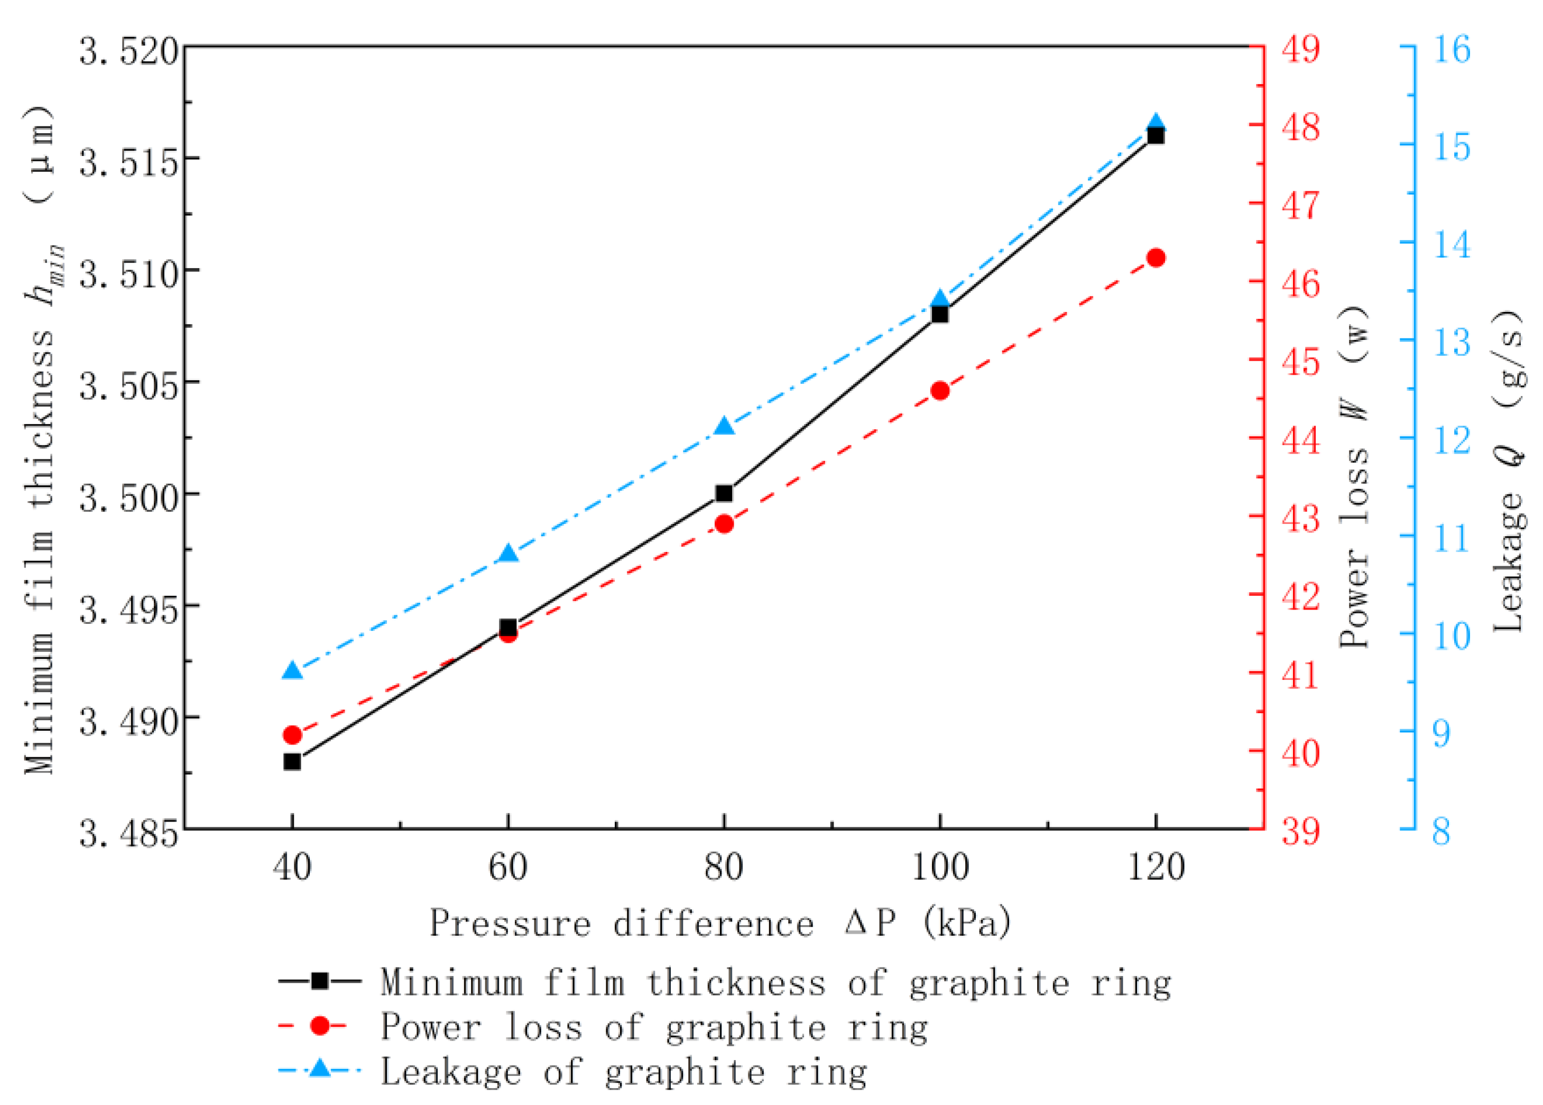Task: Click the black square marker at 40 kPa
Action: [292, 761]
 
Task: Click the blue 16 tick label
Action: [1452, 50]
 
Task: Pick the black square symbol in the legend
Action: [319, 981]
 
